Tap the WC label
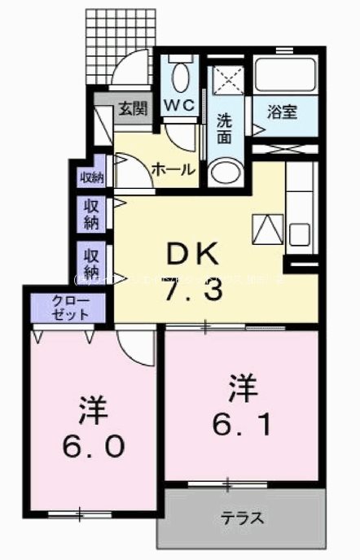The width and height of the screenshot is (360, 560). pyautogui.click(x=180, y=104)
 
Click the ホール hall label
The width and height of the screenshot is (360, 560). pyautogui.click(x=173, y=169)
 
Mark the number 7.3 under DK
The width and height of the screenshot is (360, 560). pyautogui.click(x=192, y=291)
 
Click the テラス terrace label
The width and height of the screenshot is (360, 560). pyautogui.click(x=242, y=518)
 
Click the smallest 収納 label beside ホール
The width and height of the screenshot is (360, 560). pyautogui.click(x=91, y=177)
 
